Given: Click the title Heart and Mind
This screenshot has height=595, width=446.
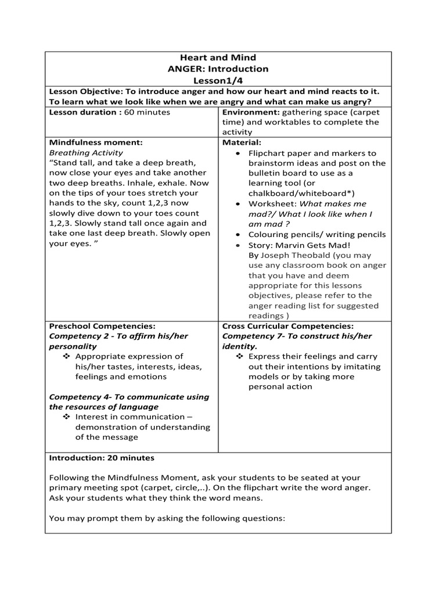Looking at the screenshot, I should coord(218,58).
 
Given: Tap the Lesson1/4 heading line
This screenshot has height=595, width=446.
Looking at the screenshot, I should coord(218,80).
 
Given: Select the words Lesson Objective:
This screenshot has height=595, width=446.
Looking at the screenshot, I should coord(85,91).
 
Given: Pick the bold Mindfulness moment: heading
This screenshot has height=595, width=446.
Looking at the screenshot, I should coord(96,142).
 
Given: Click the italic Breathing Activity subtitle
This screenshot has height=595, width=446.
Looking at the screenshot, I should coord(86,152).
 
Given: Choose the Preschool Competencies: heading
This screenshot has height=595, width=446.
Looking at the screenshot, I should coord(102,326).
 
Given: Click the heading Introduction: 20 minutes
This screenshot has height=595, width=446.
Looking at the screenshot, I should coord(102,457).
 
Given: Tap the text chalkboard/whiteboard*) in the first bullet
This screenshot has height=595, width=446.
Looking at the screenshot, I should coord(301,193).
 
